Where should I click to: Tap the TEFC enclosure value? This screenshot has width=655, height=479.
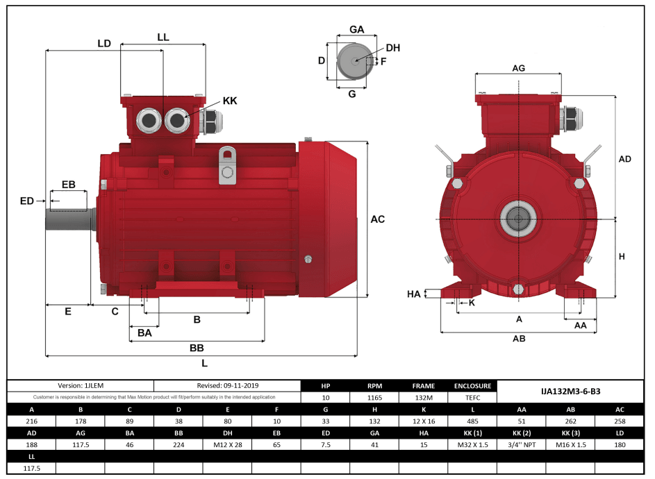(472, 398)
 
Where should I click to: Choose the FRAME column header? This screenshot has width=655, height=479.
(423, 386)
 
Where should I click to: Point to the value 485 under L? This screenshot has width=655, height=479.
(472, 420)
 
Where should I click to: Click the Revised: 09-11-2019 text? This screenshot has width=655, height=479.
(227, 385)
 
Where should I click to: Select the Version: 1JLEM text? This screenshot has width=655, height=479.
(80, 385)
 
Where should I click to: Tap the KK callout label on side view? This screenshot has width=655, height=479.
(230, 101)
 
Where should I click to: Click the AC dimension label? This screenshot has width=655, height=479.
(377, 219)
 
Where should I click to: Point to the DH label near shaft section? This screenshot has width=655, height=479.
(392, 48)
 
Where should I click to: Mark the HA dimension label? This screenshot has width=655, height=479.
(414, 294)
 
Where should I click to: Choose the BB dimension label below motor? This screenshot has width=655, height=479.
(197, 347)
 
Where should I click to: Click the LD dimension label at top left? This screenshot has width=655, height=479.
(104, 43)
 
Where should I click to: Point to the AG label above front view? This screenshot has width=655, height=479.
(518, 67)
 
